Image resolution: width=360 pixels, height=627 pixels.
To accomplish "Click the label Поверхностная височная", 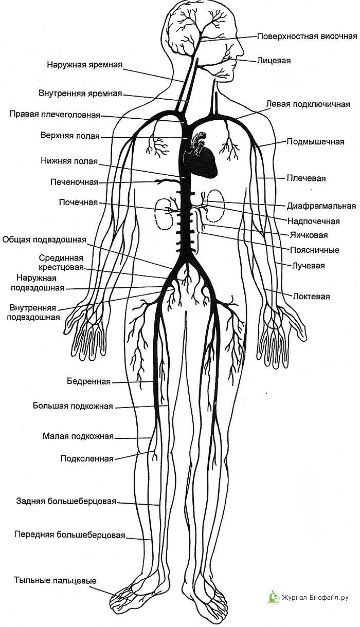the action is click(307, 36).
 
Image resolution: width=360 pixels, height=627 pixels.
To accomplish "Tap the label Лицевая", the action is click(274, 61).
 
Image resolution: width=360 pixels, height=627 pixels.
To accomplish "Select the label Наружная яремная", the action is click(85, 65).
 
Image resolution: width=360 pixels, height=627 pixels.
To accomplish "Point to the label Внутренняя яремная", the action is click(80, 93).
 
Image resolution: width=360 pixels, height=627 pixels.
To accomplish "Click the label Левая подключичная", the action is click(308, 104).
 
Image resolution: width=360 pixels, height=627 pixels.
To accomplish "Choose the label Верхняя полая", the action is click(70, 136).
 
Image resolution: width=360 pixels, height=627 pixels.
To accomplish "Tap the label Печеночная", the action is click(74, 182).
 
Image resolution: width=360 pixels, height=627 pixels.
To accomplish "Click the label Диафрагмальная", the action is click(321, 206).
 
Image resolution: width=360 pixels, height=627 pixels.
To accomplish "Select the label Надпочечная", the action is click(314, 221).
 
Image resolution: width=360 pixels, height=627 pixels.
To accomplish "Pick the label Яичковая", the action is click(309, 235).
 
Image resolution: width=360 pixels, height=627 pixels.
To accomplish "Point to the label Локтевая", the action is click(311, 296).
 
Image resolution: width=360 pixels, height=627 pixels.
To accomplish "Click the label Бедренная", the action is click(89, 381).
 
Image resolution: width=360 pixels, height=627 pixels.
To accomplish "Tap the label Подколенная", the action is click(87, 459).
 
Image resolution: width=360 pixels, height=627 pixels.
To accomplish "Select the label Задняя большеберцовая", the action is click(66, 501).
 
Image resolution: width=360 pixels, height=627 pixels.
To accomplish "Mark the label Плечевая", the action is click(306, 178).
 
